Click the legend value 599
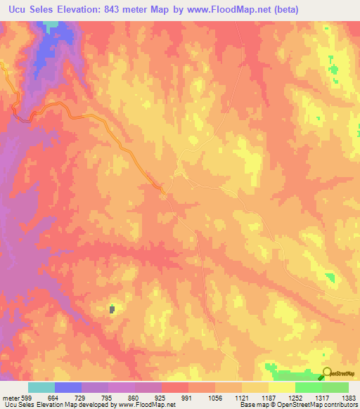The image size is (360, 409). point(26,397)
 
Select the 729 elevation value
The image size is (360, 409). point(81,397)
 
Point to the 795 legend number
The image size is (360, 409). point(108,397)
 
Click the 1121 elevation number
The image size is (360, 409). point(242,397)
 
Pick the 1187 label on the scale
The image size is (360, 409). point(269,397)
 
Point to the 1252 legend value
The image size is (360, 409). point(295,397)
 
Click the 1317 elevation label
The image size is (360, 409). point(321,397)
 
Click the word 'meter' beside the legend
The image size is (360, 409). point(10,397)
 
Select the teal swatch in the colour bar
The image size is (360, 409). point(41,387)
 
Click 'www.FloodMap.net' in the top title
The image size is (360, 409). point(224,10)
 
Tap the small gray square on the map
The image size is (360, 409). point(112,309)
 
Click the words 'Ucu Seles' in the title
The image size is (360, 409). point(29,10)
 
